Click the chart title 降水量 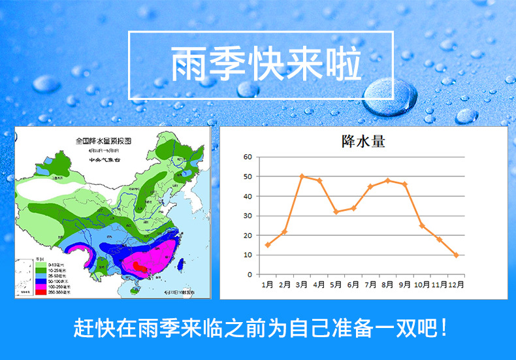363,141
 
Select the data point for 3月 302,176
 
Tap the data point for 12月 456,255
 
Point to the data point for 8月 387,180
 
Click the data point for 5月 336,212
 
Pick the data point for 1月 268,245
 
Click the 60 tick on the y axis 248,157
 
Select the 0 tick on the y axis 250,275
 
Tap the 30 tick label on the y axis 248,216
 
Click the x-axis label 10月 421,285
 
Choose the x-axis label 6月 353,285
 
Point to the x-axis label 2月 285,285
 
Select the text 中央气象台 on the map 104,158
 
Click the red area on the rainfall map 139,265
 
